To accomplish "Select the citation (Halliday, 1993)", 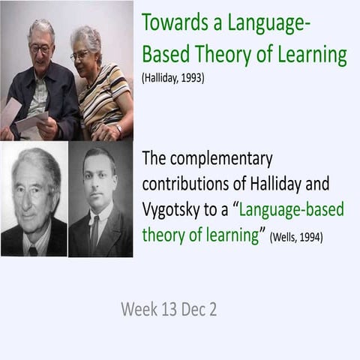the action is pyautogui.click(x=173, y=78).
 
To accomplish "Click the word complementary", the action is pyautogui.click(x=221, y=159).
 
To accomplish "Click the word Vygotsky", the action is pyautogui.click(x=171, y=210).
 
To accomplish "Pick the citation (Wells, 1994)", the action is pyautogui.click(x=296, y=236).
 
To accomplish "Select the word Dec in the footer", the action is pyautogui.click(x=192, y=309).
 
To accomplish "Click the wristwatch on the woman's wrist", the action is pyautogui.click(x=119, y=129).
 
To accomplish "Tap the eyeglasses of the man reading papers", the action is pyautogui.click(x=40, y=49).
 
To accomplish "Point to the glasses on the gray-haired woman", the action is pyautogui.click(x=79, y=55).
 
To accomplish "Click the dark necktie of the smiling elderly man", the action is pyautogui.click(x=33, y=251).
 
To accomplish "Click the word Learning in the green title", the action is pyautogui.click(x=313, y=55).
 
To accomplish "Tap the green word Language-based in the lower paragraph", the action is pyautogui.click(x=292, y=209).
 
